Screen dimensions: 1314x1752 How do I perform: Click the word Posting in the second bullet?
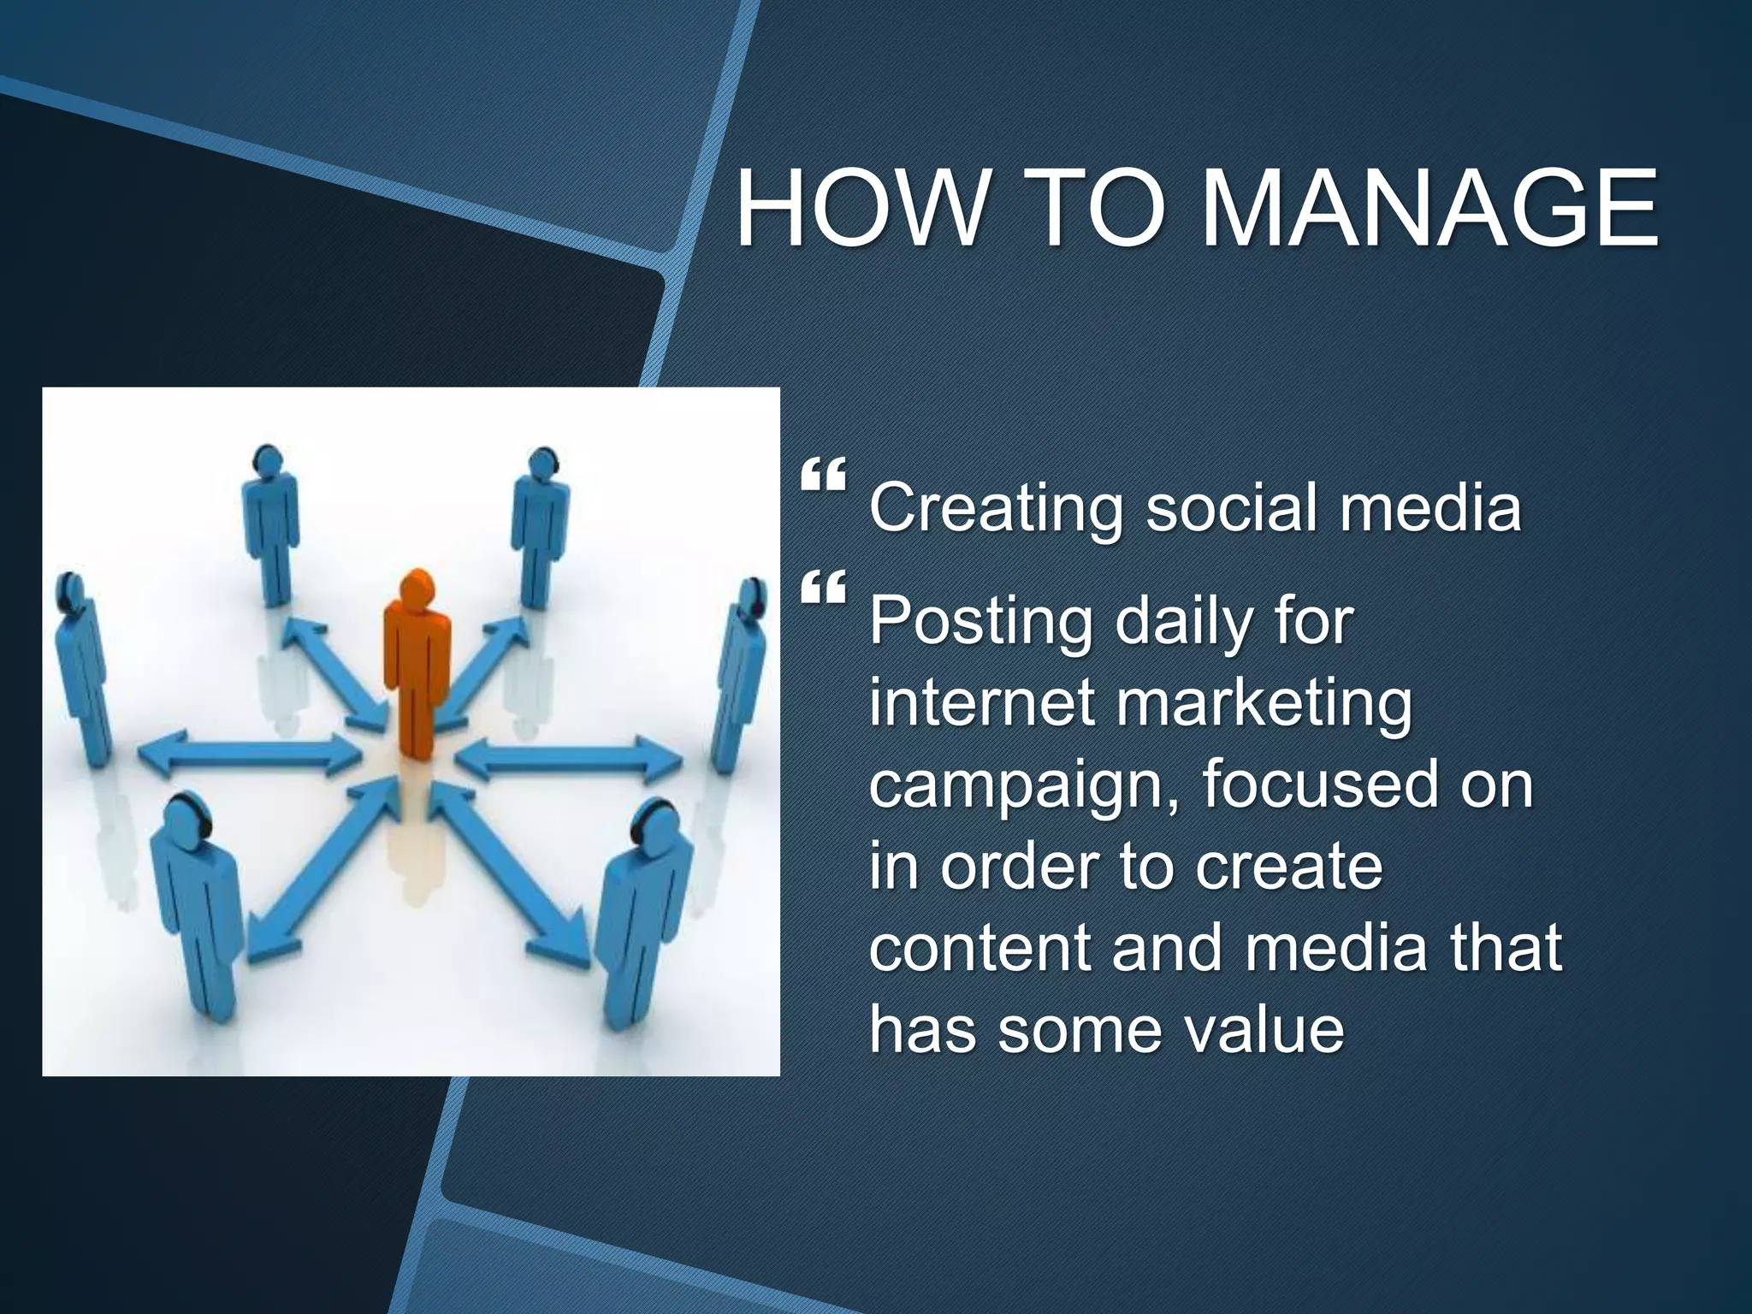[x=980, y=624]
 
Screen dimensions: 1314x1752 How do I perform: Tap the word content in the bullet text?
[x=980, y=948]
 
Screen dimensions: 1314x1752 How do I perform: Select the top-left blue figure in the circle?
[x=270, y=522]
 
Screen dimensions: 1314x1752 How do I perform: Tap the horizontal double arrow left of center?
[x=248, y=755]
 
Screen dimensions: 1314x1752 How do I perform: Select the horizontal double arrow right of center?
[x=569, y=757]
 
